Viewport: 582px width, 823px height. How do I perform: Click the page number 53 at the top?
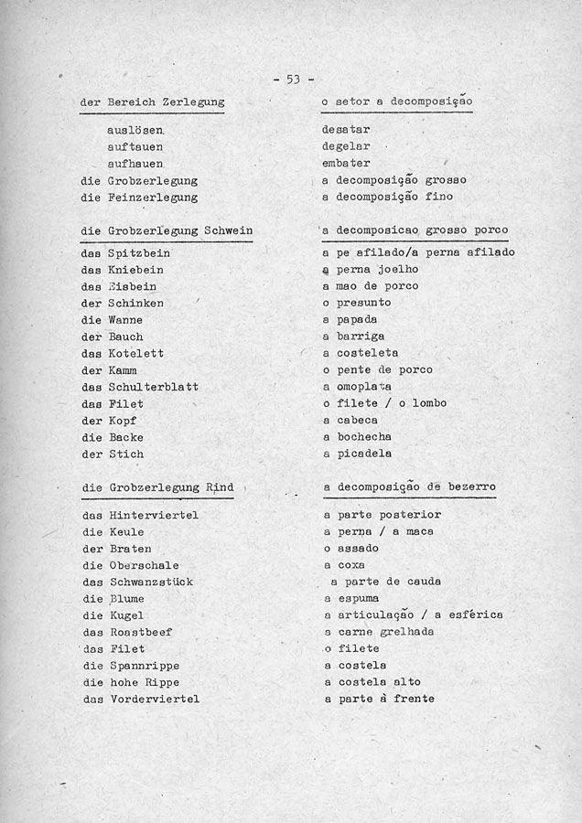[293, 80]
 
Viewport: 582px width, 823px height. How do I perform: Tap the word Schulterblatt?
[153, 387]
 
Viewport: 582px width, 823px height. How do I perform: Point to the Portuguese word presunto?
[364, 303]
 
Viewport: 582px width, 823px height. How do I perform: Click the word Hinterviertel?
[153, 516]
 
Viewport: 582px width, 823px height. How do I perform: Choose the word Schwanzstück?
[150, 583]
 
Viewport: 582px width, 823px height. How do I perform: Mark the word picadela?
[364, 454]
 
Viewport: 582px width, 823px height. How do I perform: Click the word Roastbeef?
[140, 633]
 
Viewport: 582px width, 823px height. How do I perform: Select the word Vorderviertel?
[153, 700]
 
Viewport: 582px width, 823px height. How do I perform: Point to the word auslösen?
[135, 131]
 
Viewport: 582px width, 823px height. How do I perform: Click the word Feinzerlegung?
[153, 198]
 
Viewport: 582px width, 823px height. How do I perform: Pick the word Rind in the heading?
[219, 488]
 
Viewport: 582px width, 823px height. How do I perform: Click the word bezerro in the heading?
[472, 488]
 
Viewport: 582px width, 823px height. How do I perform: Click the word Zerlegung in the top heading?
[194, 103]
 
